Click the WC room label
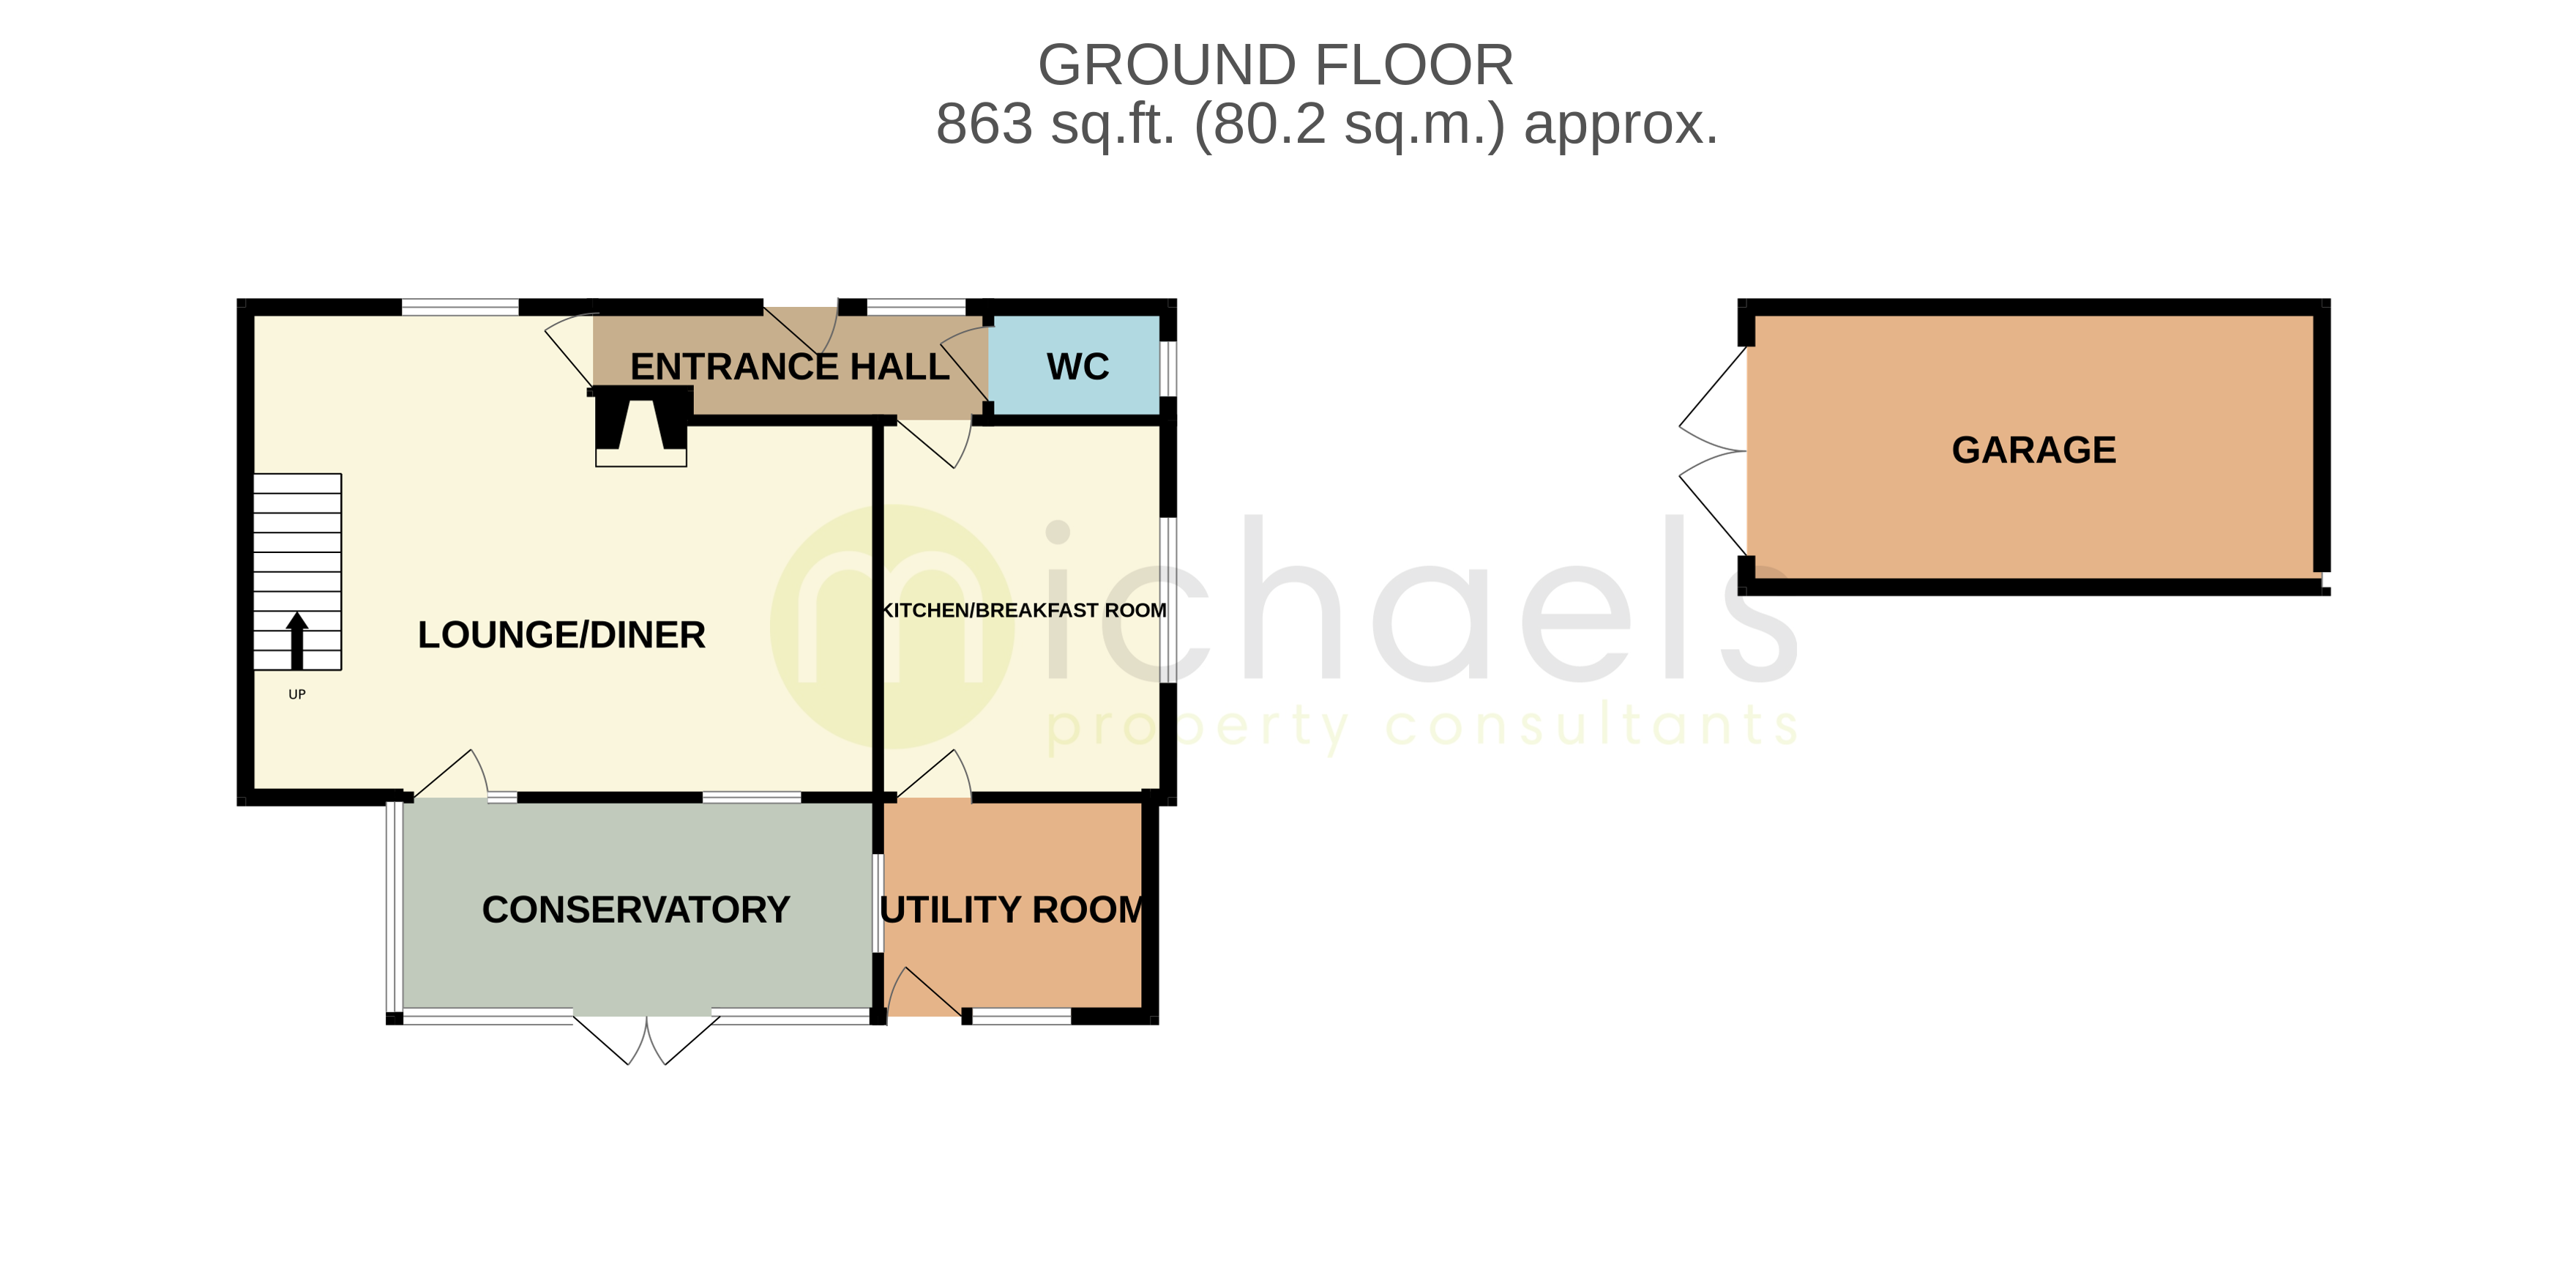(1077, 367)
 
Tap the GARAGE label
(2033, 450)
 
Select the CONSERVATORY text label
(636, 909)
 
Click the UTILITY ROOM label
(1012, 909)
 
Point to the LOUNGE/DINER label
(561, 634)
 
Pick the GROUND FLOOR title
(1276, 66)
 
